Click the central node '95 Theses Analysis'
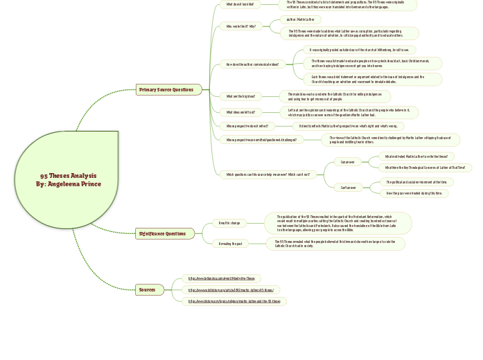click(68, 180)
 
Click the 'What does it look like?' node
click(239, 5)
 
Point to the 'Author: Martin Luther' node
click(301, 19)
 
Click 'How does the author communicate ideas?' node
click(252, 64)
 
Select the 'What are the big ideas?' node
click(240, 96)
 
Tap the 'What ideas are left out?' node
click(240, 111)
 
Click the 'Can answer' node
click(347, 162)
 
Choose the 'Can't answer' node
click(347, 188)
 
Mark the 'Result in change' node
click(229, 223)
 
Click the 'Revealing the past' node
click(230, 244)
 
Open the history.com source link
click(234, 302)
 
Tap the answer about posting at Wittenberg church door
click(359, 50)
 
